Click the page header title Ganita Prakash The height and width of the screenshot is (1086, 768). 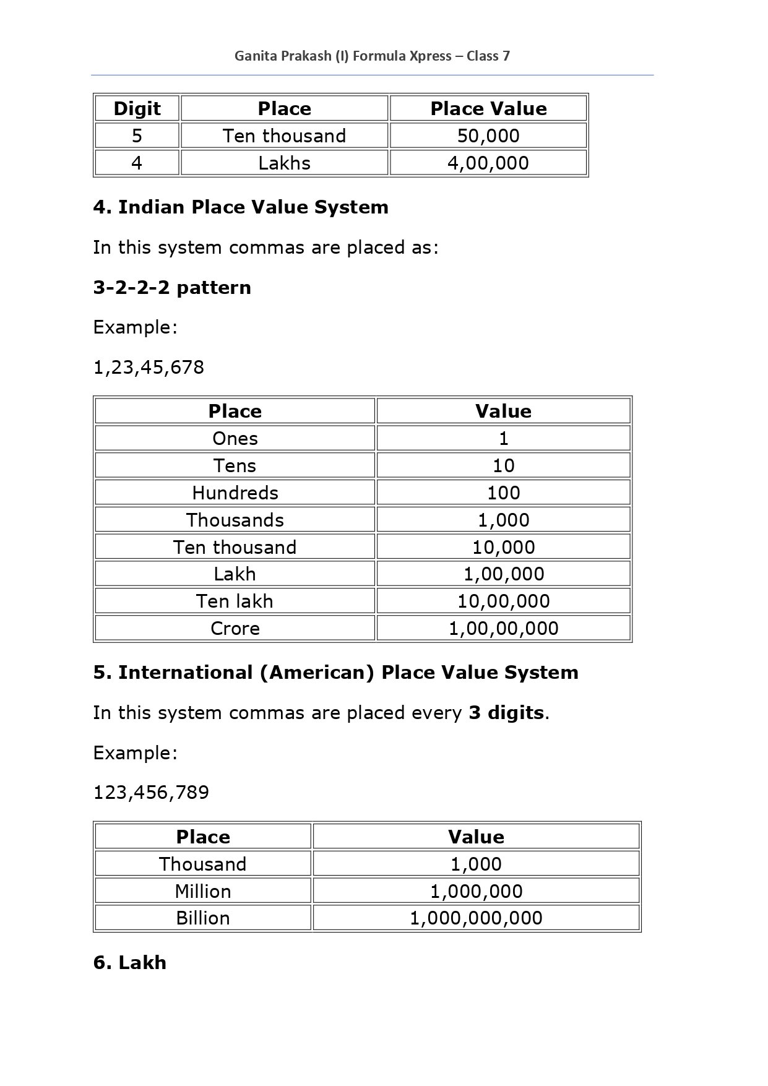pos(372,56)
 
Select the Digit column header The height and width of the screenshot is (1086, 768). pos(137,108)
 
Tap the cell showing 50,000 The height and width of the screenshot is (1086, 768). pos(488,136)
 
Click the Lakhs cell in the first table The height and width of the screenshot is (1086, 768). pos(284,163)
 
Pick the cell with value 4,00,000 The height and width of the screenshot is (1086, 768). pos(488,163)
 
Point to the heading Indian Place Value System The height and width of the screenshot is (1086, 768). pos(241,207)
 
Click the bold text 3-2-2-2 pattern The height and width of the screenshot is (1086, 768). pos(172,287)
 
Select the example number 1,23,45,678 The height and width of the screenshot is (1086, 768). pos(149,367)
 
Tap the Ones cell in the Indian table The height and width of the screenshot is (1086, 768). pos(235,438)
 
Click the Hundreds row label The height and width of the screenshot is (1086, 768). pos(235,493)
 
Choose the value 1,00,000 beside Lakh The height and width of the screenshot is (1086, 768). pos(504,574)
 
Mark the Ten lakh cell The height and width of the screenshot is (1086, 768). pos(235,601)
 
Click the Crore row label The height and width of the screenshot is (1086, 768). pos(235,628)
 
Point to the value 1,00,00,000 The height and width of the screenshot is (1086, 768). pos(504,628)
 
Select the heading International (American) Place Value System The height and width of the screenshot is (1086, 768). pos(335,672)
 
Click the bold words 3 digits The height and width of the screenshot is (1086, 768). pos(506,712)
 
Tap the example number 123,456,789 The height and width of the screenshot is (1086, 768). pos(151,792)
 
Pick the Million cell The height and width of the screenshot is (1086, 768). pos(202,891)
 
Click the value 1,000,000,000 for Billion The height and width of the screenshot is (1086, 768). pos(476,918)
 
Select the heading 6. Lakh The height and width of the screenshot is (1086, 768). pos(130,962)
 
